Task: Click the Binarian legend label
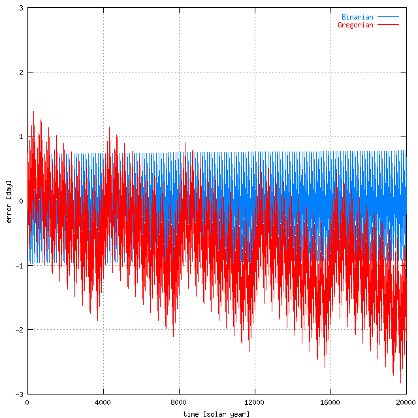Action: [357, 17]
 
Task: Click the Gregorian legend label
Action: [355, 25]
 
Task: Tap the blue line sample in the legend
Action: [388, 17]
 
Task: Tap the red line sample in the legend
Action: [388, 25]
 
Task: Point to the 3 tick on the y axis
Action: [22, 8]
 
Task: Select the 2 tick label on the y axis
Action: [22, 72]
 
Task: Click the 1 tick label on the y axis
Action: [22, 137]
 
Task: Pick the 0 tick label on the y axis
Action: [22, 201]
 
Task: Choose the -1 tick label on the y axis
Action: [20, 266]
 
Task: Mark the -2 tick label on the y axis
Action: [20, 330]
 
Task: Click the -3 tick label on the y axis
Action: [20, 394]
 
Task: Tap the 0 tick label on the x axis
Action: [27, 402]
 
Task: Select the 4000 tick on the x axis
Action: [103, 402]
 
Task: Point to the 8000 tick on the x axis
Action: [179, 402]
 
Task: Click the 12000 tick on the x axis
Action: [255, 402]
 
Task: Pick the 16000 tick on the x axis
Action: [330, 402]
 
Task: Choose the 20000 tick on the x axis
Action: [406, 402]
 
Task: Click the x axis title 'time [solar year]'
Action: [216, 413]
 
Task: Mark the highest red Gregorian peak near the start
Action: [33, 112]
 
